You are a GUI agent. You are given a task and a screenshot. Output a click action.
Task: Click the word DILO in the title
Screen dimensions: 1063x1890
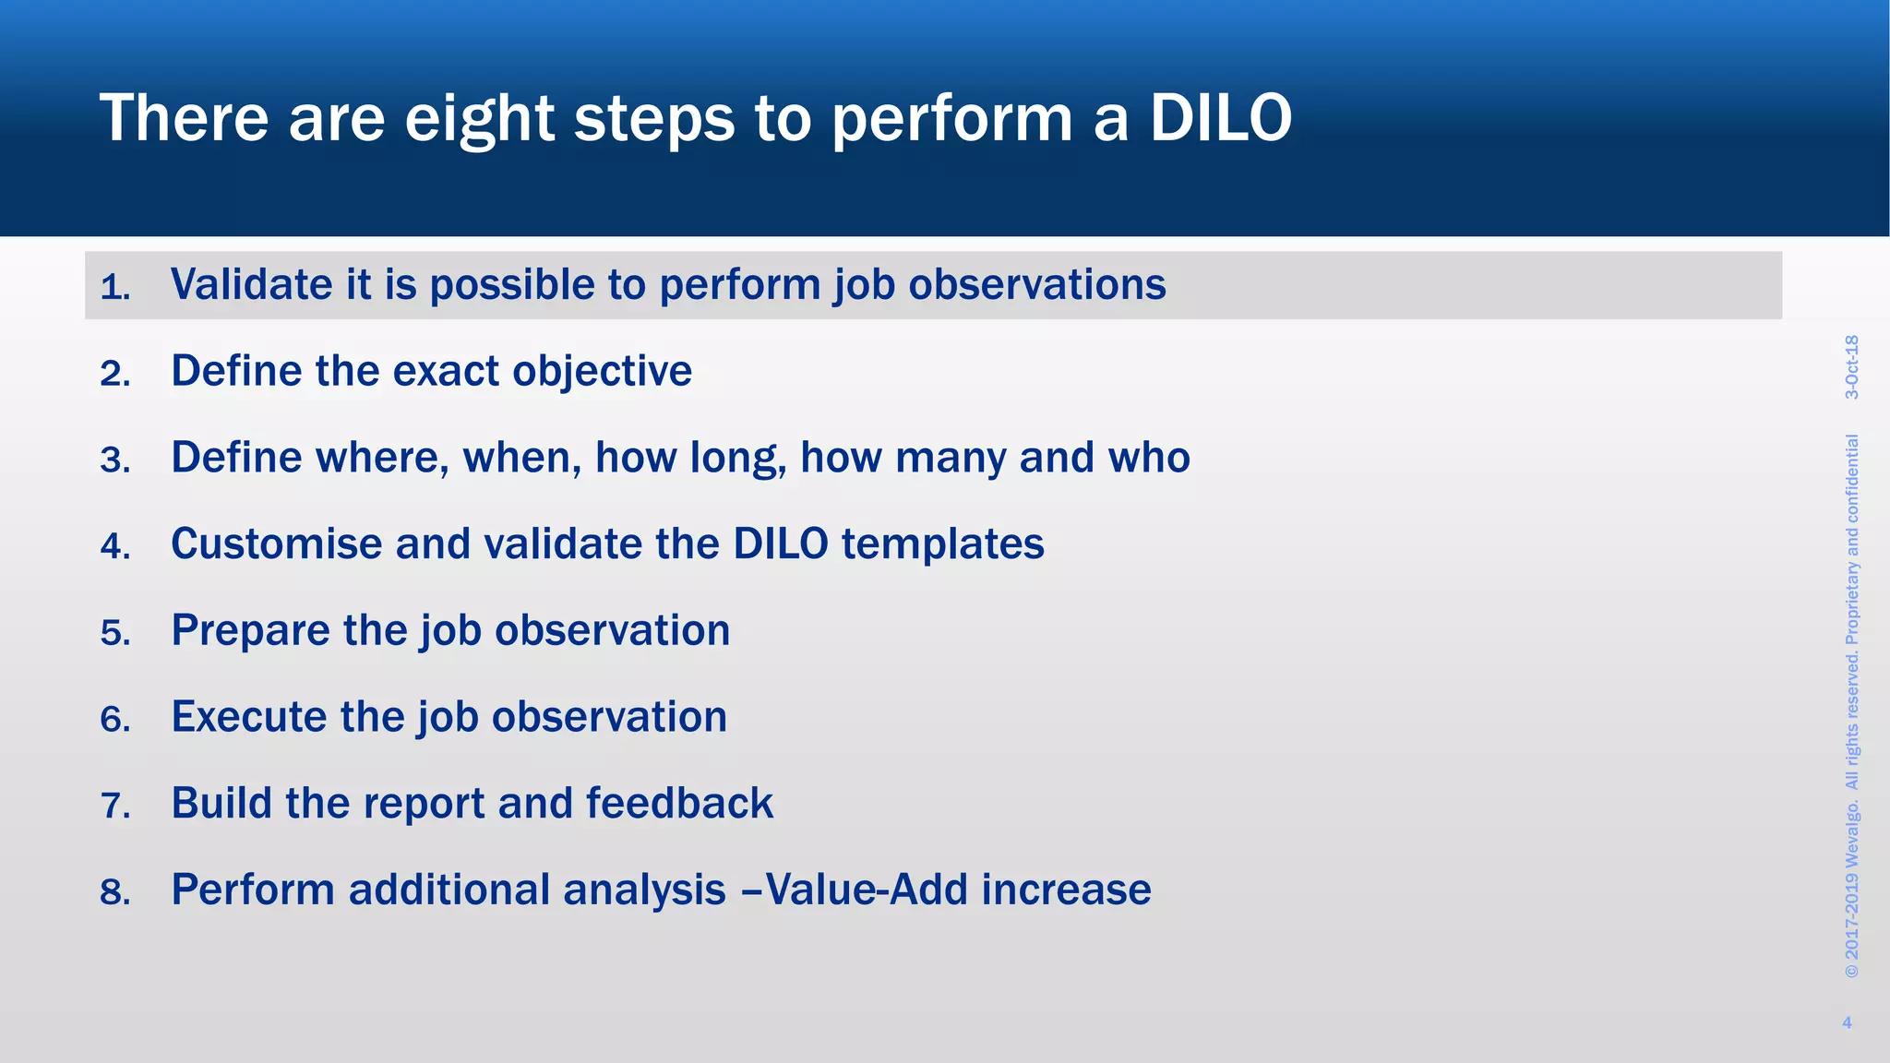point(1220,118)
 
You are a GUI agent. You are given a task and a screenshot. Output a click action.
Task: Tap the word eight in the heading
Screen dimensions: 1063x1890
point(479,120)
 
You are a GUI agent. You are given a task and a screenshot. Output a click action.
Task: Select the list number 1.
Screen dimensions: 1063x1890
point(114,287)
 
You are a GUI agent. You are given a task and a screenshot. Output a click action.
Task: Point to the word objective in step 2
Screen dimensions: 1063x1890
point(602,372)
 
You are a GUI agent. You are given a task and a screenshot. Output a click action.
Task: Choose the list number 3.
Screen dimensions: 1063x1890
point(114,460)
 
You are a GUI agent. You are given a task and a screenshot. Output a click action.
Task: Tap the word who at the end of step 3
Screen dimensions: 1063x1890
point(1149,458)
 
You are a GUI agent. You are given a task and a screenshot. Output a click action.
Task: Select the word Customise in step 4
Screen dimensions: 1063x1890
point(277,543)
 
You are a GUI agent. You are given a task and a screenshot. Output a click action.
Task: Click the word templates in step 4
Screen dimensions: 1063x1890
point(942,543)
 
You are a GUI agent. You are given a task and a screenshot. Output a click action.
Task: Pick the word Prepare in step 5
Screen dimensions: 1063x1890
point(250,631)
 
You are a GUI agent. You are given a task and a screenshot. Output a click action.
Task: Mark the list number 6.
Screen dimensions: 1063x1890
point(114,720)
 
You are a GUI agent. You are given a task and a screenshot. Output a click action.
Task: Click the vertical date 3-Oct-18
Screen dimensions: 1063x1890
point(1851,367)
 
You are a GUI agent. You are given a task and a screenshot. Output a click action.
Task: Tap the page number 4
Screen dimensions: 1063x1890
point(1847,1022)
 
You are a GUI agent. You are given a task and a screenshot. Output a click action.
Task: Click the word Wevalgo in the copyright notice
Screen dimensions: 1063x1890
point(1851,835)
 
